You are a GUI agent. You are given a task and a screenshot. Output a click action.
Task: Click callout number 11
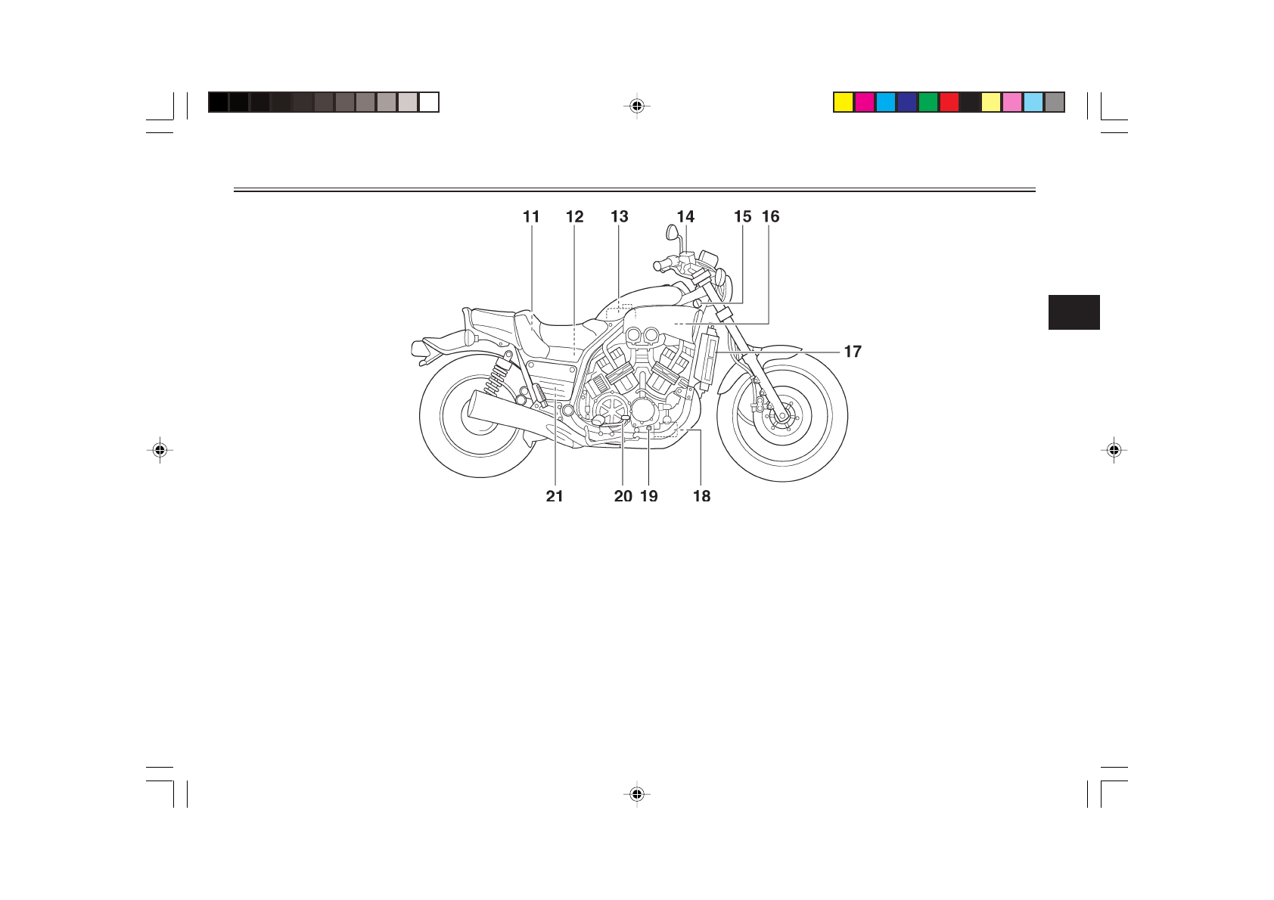tap(531, 217)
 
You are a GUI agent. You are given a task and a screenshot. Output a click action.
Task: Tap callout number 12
tap(575, 217)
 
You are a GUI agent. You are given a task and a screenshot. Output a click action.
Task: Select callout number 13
tap(620, 217)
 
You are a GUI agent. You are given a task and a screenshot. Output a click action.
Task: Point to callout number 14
tap(685, 217)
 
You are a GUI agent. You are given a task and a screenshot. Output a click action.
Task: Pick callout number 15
tap(743, 217)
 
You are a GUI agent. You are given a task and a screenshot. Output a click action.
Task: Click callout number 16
tap(771, 217)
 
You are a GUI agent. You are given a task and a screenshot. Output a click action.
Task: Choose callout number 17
tap(853, 352)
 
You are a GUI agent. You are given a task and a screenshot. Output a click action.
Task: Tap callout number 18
tap(702, 496)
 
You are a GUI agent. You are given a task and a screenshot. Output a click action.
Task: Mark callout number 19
tap(649, 496)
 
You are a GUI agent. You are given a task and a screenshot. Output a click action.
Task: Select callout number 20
tap(623, 496)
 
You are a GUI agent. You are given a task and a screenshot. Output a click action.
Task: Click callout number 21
tap(555, 496)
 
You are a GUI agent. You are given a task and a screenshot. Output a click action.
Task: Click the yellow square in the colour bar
tap(844, 102)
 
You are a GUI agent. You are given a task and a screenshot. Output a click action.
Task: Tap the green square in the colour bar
tap(928, 102)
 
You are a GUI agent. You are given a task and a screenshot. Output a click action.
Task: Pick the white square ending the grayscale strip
tap(429, 102)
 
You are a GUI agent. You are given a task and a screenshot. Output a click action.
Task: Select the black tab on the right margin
tap(1074, 312)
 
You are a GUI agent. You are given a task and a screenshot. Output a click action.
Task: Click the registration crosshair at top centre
tap(637, 107)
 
